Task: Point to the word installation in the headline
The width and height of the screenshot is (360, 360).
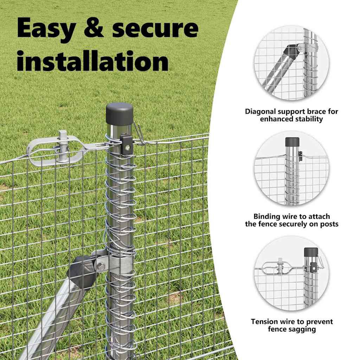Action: click(93, 60)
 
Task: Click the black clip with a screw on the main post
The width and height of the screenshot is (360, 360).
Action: click(126, 144)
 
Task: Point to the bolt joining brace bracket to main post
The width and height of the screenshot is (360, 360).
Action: click(100, 267)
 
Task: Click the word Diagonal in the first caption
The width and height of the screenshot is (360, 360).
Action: click(260, 111)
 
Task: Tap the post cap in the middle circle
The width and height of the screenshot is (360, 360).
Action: click(292, 142)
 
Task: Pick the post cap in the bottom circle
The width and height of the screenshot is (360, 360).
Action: click(311, 252)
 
